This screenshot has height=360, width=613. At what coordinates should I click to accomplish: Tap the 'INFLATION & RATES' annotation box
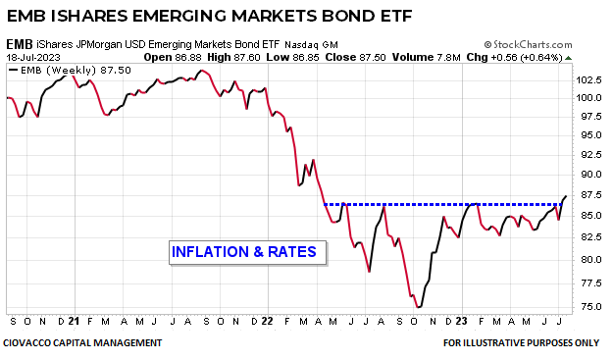point(243,252)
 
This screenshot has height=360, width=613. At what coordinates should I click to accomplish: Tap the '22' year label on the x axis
point(267,321)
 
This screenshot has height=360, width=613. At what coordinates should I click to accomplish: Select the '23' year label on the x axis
point(462,321)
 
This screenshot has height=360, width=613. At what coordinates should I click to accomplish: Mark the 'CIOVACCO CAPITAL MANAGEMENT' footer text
point(83,342)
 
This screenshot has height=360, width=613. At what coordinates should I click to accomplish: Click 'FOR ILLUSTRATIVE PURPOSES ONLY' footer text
point(520,342)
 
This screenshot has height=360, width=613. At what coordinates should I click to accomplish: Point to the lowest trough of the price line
point(419,307)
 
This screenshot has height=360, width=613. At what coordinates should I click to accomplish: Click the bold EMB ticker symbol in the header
point(19,45)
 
